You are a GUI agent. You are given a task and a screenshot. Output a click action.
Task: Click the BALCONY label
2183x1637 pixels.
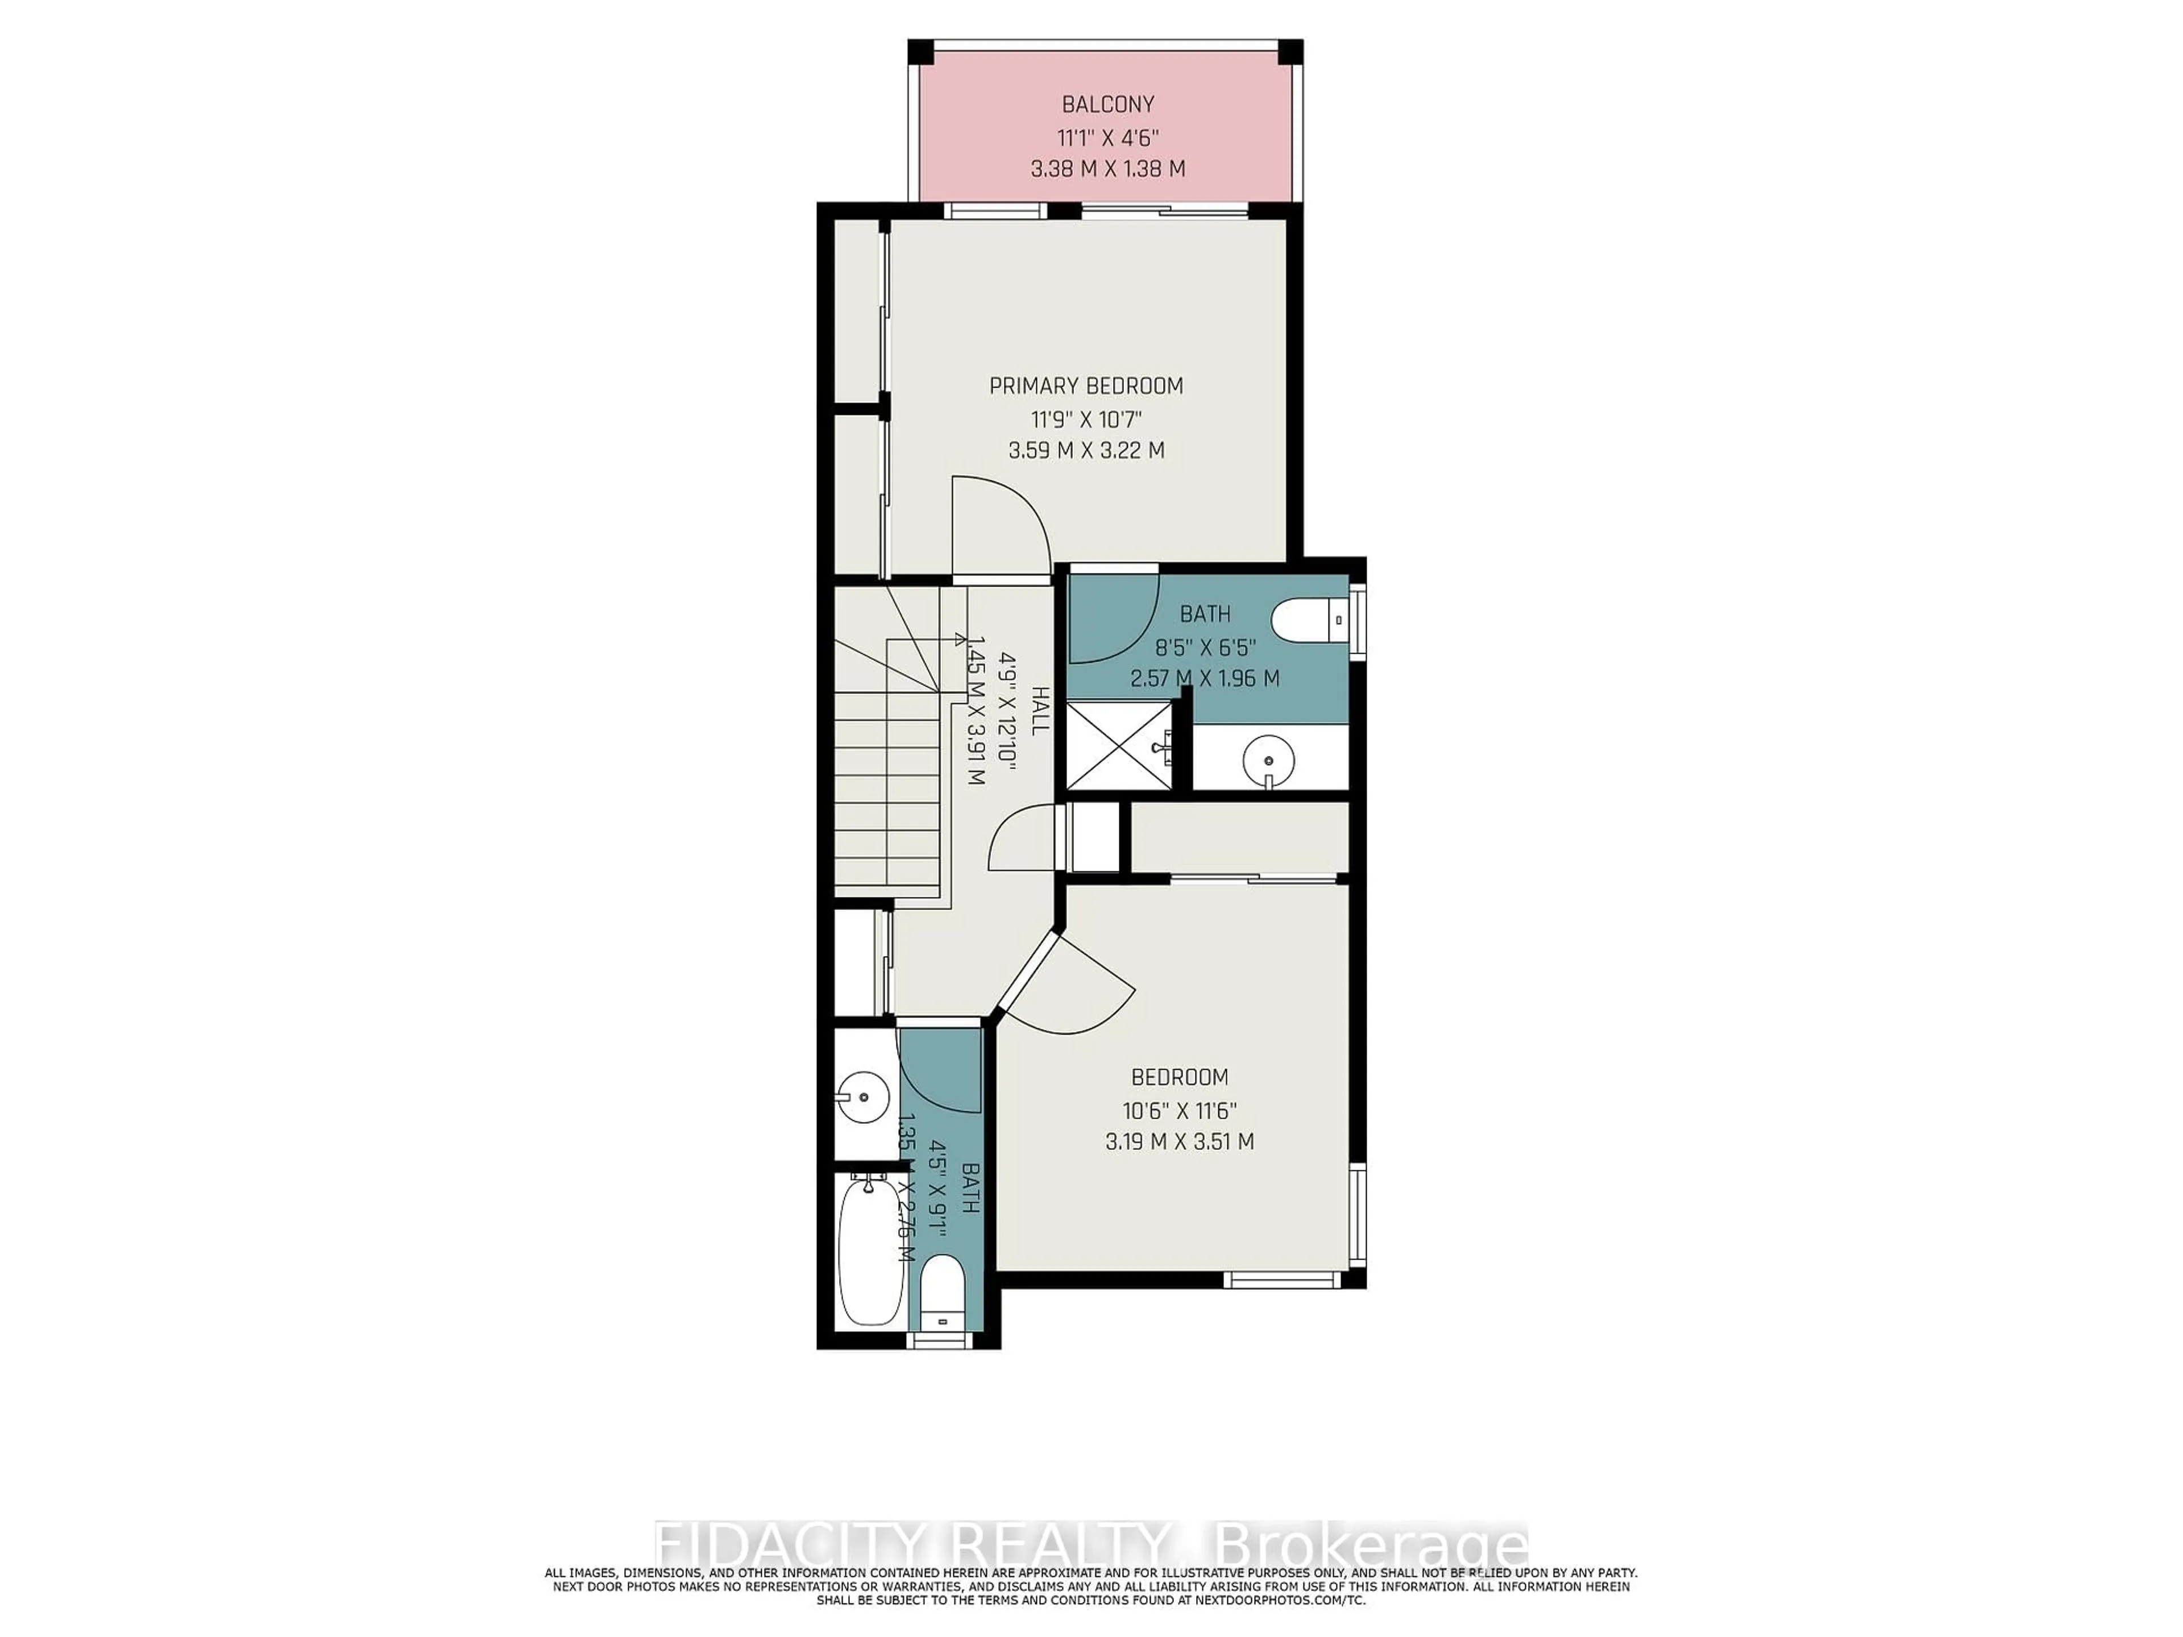tap(1107, 103)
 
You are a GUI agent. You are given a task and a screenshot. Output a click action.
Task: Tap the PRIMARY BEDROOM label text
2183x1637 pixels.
tap(1086, 386)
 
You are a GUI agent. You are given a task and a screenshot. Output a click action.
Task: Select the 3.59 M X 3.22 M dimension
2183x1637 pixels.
tap(1086, 451)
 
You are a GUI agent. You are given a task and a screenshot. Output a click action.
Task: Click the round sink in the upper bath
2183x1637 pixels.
tap(1268, 760)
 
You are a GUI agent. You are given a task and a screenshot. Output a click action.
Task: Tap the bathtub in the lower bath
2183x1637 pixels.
tap(870, 1251)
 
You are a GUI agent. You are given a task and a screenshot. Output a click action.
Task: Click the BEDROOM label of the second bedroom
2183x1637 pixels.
tap(1180, 1077)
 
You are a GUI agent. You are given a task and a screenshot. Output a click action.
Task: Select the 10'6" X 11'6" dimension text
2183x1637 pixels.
tap(1180, 1109)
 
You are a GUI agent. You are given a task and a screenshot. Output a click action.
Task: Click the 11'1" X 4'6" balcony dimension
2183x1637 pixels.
tap(1107, 136)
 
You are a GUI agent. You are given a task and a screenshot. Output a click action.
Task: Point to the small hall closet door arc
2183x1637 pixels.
tap(1022, 837)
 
